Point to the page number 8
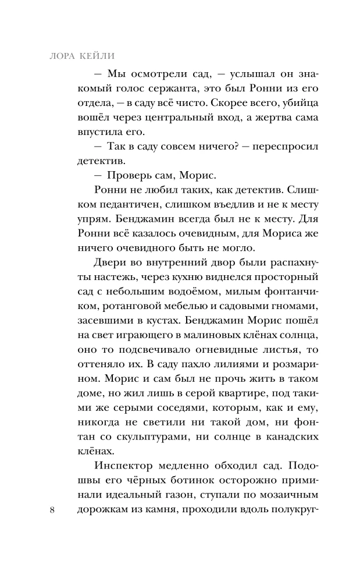pos(53,510)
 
